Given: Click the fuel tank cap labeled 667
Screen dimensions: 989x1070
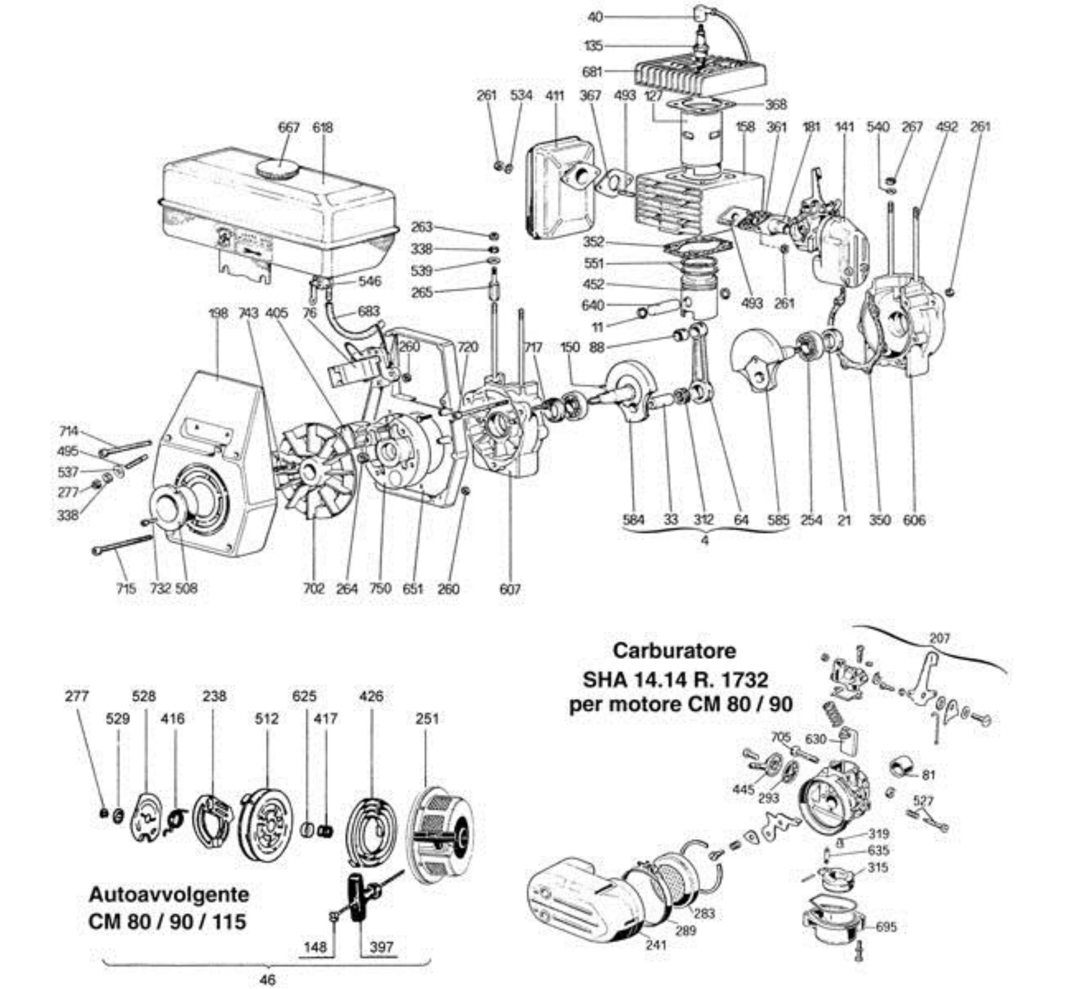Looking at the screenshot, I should [x=276, y=169].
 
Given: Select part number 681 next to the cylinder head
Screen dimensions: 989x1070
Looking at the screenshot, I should [x=592, y=71].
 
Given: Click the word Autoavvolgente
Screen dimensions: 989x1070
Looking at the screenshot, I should [x=168, y=894].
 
